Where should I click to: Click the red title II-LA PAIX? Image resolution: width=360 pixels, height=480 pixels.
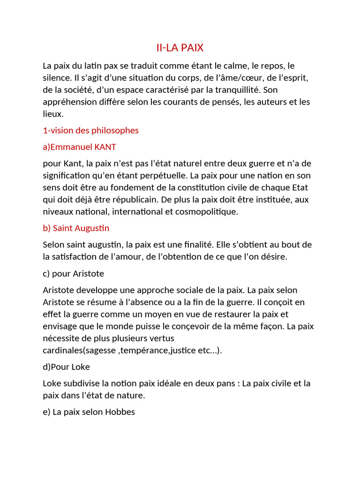click(x=180, y=48)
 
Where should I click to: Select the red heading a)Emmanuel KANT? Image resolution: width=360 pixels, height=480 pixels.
click(x=79, y=147)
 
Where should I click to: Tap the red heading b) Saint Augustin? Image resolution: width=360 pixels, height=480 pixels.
click(x=76, y=228)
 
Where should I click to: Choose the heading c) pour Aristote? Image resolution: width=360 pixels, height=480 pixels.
click(x=73, y=273)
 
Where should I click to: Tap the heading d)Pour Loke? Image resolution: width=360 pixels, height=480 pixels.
click(x=66, y=367)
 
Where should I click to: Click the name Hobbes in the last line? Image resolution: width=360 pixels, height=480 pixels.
click(x=120, y=412)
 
